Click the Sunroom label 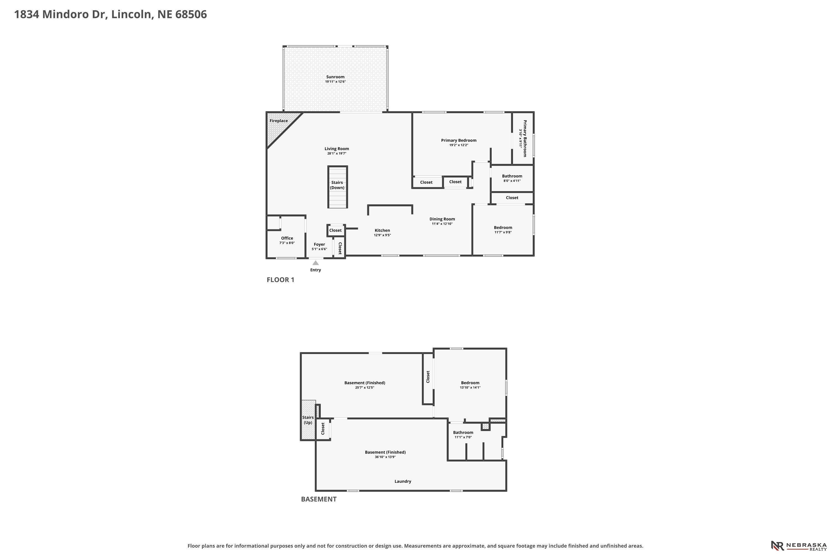tap(335, 77)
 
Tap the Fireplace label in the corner tap(278, 121)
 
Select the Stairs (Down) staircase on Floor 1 tap(337, 187)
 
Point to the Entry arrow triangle tap(316, 263)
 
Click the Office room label tap(287, 238)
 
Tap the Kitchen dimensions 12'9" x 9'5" tap(382, 235)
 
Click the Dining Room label tap(442, 219)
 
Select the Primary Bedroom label tap(459, 140)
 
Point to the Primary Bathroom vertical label tap(525, 138)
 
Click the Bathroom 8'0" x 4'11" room tap(512, 178)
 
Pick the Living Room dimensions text tap(337, 154)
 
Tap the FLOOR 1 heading tap(280, 280)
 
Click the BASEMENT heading tap(319, 499)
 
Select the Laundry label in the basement tap(403, 481)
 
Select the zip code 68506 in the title tap(191, 14)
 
